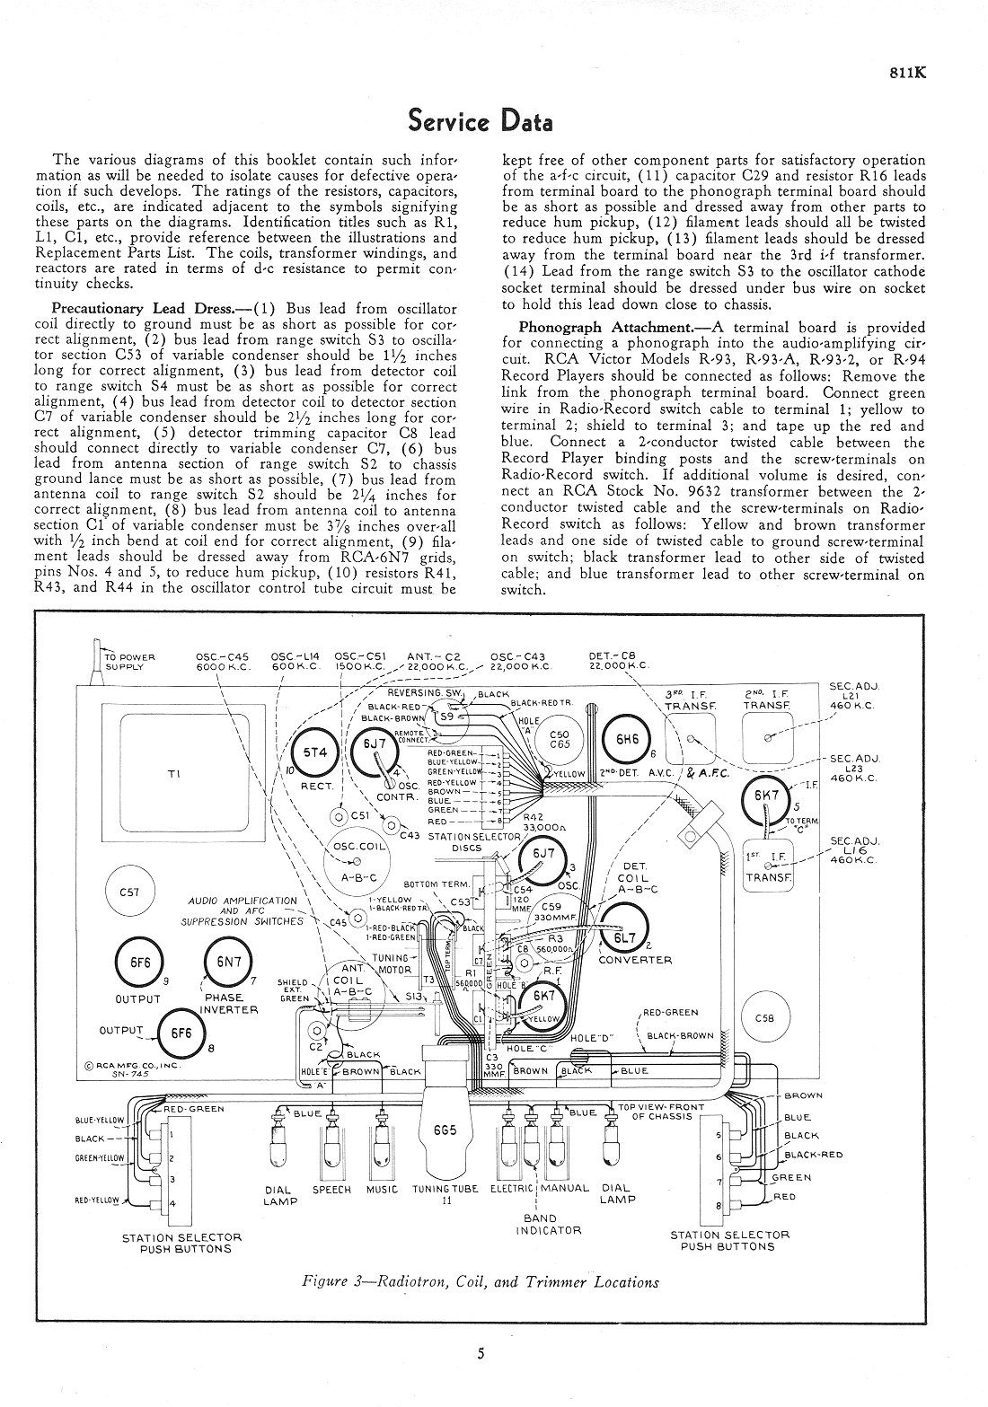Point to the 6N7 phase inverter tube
point(229,962)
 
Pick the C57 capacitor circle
point(129,892)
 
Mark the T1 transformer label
point(173,774)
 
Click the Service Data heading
point(480,119)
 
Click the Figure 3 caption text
point(481,1281)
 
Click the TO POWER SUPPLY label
point(131,662)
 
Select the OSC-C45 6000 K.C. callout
point(222,661)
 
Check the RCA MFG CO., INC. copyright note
point(132,1069)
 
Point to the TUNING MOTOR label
point(392,963)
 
